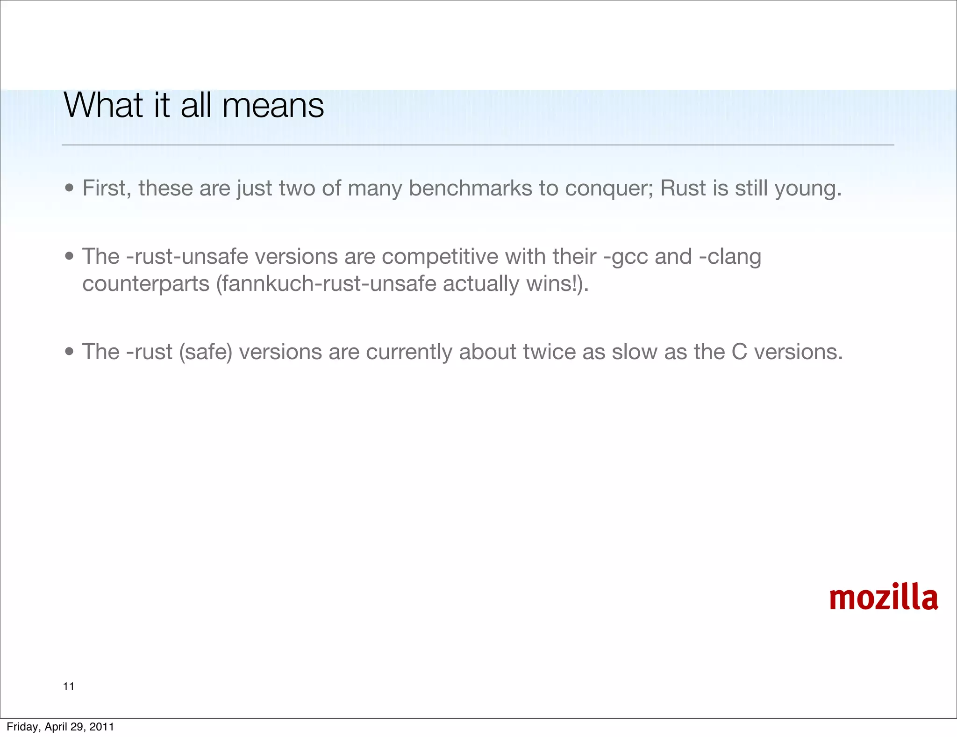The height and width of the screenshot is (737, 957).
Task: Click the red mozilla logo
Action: (x=883, y=598)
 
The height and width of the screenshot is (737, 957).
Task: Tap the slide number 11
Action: (x=69, y=686)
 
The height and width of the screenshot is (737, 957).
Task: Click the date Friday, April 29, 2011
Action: (x=60, y=727)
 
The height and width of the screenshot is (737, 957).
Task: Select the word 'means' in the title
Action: (x=273, y=105)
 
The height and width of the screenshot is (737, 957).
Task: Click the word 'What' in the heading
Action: (x=103, y=105)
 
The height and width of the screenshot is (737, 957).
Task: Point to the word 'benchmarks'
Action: (x=470, y=188)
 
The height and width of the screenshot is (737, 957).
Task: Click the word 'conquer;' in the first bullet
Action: (x=609, y=188)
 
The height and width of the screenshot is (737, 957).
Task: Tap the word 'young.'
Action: (x=808, y=188)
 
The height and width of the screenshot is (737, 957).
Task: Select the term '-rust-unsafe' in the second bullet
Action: (x=187, y=257)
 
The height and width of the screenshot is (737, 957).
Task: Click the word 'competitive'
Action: (x=440, y=257)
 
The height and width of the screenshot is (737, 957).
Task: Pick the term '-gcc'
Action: (x=625, y=257)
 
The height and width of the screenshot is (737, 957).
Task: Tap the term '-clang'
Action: (x=730, y=257)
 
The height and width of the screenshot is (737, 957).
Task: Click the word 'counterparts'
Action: (x=146, y=284)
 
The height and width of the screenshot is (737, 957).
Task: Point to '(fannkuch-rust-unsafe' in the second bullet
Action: (x=326, y=284)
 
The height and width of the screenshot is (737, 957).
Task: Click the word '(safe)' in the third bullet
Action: (x=206, y=352)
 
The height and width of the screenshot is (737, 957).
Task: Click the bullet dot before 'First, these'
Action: (x=70, y=188)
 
